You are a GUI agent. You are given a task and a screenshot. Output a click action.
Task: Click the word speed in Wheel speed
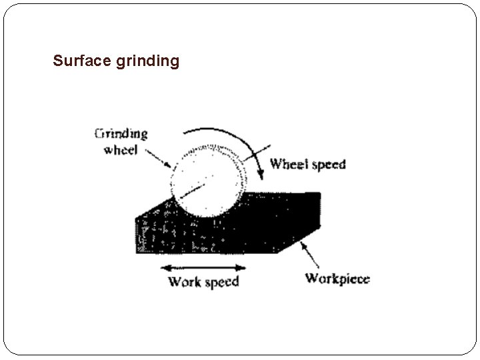coord(328,165)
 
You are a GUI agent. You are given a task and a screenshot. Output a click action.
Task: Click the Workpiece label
coord(337,279)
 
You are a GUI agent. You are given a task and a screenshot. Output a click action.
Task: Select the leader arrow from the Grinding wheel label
coord(159,159)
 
